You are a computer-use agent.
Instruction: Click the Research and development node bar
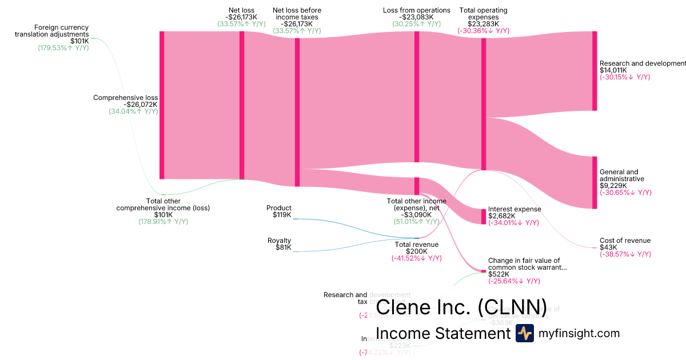595,71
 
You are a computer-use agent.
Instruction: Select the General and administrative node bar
595,182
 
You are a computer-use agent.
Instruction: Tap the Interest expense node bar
484,217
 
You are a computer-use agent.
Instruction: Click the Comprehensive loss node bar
162,105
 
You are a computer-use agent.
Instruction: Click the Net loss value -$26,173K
241,17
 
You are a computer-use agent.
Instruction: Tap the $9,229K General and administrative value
613,185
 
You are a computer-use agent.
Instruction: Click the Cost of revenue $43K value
608,247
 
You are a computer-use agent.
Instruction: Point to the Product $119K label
279,211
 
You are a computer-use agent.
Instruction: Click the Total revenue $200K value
417,251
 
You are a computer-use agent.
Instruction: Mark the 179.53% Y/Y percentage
63,48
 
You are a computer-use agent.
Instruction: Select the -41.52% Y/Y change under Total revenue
417,258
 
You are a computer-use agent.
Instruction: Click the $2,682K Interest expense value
501,216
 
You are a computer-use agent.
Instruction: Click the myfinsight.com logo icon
525,333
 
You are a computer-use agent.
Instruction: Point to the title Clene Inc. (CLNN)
461,307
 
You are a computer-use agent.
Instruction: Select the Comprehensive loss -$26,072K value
141,105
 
